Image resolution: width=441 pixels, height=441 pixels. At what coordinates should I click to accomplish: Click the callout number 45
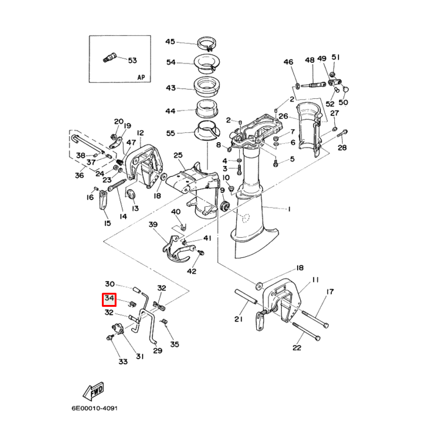tap(170, 42)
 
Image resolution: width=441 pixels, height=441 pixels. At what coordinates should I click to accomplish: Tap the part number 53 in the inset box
tap(132, 60)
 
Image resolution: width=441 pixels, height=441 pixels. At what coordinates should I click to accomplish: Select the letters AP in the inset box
tap(141, 77)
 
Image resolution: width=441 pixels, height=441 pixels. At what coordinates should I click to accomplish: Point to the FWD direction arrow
tap(94, 390)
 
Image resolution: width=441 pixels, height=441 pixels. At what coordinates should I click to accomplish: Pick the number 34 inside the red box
tap(110, 299)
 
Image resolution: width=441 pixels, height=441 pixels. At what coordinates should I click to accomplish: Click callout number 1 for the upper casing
tap(289, 210)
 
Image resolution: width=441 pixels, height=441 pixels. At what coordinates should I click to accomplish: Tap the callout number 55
tap(170, 133)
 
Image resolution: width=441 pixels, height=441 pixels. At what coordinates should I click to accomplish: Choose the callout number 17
tap(330, 292)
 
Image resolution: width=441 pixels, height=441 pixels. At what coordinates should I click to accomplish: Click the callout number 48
tap(310, 60)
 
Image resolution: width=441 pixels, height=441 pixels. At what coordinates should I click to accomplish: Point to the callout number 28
tap(342, 148)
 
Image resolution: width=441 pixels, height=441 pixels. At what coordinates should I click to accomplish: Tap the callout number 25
tap(178, 156)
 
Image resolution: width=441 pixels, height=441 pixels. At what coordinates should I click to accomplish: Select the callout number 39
tap(153, 225)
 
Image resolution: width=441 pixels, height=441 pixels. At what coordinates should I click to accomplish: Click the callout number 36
tap(79, 176)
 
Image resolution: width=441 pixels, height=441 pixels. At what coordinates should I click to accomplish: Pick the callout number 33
tap(123, 362)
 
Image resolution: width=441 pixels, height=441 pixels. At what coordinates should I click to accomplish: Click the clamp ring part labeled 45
tap(207, 44)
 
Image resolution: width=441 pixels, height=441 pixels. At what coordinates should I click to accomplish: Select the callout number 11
tap(315, 280)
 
